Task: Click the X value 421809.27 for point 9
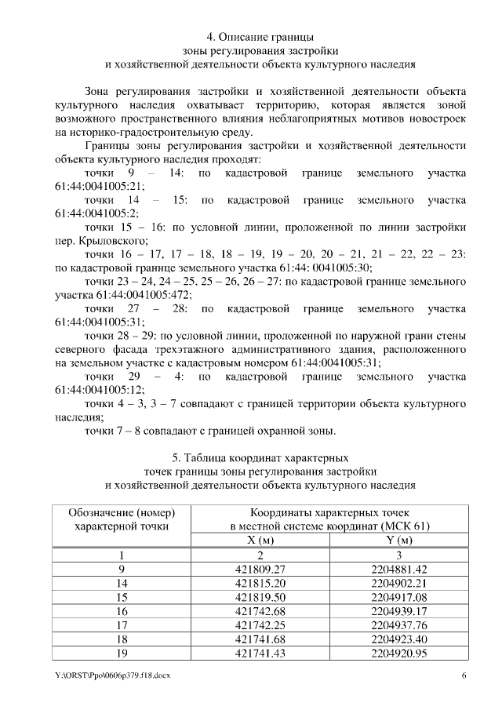tap(263, 569)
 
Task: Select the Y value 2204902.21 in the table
tap(400, 584)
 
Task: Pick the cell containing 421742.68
tap(263, 612)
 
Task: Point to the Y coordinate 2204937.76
tap(400, 626)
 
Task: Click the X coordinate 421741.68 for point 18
tap(263, 640)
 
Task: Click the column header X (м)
tap(263, 540)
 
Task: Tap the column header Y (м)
tap(400, 540)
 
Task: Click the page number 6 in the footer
tap(464, 676)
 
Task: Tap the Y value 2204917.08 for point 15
tap(400, 598)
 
